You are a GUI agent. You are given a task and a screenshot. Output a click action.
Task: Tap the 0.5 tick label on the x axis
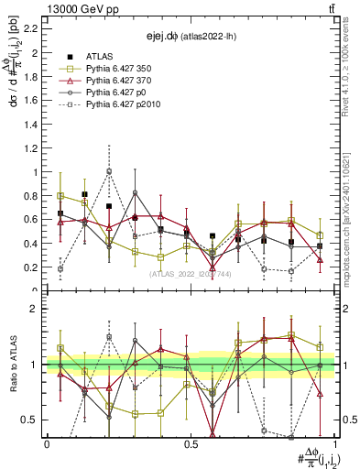[191, 443]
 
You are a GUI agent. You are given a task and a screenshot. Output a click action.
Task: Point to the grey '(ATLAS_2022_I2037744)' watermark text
[191, 273]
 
